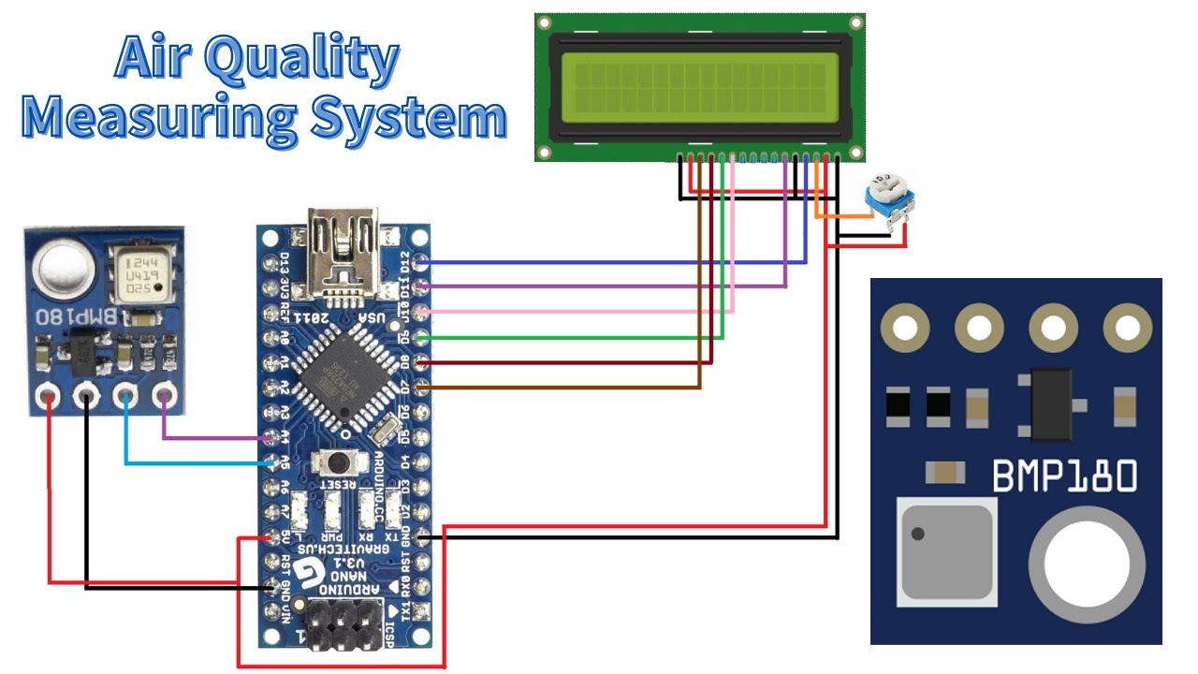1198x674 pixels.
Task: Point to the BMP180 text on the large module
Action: point(1064,476)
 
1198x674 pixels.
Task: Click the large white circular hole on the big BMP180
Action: point(1086,559)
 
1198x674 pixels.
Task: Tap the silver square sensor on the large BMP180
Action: point(944,550)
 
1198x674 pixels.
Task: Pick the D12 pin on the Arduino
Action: point(420,261)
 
